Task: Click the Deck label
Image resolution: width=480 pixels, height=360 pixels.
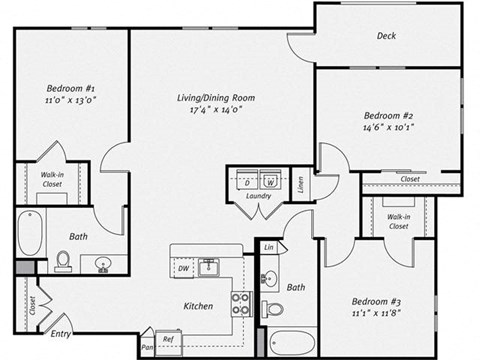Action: click(x=386, y=37)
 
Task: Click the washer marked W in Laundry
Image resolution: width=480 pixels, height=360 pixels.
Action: click(x=270, y=183)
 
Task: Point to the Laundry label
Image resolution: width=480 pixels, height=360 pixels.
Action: click(x=258, y=198)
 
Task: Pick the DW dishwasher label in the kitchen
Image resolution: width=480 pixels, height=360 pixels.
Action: click(x=182, y=269)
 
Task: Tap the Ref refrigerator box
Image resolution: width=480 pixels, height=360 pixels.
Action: click(x=168, y=339)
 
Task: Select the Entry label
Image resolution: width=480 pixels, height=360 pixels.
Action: click(x=61, y=334)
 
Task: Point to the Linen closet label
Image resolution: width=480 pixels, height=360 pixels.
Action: click(x=299, y=183)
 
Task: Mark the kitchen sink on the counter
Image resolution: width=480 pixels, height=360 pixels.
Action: click(x=209, y=267)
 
